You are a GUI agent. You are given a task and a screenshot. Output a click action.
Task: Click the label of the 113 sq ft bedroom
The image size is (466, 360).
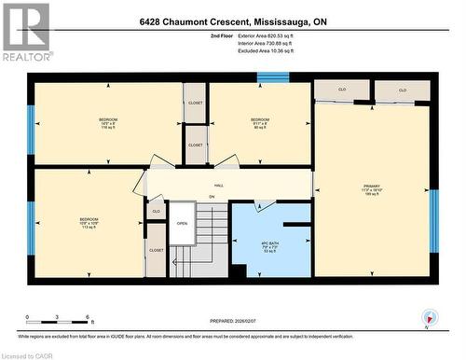pyautogui.click(x=89, y=224)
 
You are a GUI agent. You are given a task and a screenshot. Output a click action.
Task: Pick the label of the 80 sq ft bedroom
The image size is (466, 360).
pyautogui.click(x=260, y=124)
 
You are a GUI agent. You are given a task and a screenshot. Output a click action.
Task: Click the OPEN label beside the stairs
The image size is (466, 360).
pyautogui.click(x=182, y=223)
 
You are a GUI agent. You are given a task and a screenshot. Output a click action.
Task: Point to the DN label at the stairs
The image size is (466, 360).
pyautogui.click(x=212, y=197)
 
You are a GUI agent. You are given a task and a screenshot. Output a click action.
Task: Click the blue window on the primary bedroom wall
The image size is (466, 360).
pyautogui.click(x=433, y=221)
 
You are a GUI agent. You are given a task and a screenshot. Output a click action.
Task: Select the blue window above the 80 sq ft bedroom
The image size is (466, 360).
pyautogui.click(x=273, y=77)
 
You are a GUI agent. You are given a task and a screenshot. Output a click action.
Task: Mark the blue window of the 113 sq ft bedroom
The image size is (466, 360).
pyautogui.click(x=31, y=224)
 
